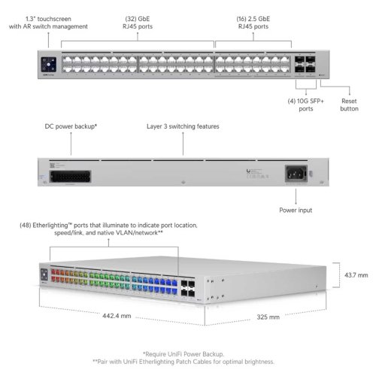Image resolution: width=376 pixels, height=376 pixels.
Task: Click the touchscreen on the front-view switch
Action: pos(48,65)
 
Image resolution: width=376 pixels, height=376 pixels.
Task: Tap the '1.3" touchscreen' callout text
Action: pos(48,19)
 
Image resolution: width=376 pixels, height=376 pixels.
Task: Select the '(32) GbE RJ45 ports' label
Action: pos(138,23)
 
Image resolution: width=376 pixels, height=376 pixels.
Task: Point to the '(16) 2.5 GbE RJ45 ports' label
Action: pos(253,23)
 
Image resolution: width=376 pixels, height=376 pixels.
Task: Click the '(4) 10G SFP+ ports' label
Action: pos(306,105)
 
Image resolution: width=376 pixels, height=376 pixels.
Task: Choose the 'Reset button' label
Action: pos(349,105)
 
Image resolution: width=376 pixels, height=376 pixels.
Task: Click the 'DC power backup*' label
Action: pos(71,126)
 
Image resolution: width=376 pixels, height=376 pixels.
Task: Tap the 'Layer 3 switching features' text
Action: pos(183,126)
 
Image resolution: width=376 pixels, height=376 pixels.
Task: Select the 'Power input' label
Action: pos(296,210)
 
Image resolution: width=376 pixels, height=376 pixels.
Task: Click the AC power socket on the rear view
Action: pos(296,174)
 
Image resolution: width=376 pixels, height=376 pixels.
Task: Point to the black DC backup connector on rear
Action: pos(71,177)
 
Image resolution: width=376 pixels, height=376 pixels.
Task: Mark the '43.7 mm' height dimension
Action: pos(356,275)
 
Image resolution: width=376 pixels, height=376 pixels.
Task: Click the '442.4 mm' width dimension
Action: pos(117,316)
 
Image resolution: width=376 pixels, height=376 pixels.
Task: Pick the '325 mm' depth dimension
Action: pos(268,317)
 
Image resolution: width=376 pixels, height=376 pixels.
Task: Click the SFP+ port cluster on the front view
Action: pos(305,65)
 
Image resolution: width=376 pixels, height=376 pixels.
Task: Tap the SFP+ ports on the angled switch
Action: pos(188,288)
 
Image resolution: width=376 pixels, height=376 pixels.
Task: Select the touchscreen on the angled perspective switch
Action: pos(44,274)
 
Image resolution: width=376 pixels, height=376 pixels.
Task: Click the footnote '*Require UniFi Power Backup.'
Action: pos(183,354)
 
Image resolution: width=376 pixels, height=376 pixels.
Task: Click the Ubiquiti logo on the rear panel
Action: pos(248,171)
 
